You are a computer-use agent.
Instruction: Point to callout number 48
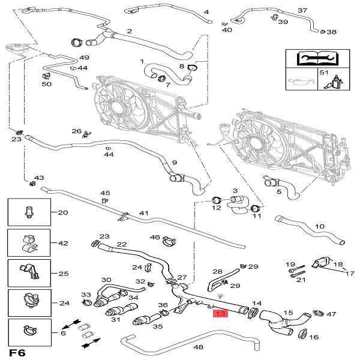[199, 347]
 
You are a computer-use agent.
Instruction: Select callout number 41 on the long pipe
[143, 213]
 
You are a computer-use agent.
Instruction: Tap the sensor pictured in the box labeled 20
[27, 212]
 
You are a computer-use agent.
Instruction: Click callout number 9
[175, 163]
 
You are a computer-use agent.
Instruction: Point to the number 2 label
[129, 31]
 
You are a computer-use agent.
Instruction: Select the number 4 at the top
[206, 12]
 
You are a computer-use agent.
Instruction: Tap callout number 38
[332, 32]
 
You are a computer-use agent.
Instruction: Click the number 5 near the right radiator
[279, 192]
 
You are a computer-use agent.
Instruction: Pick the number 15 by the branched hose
[288, 313]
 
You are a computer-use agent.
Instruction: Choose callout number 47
[332, 314]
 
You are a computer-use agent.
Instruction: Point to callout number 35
[158, 327]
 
